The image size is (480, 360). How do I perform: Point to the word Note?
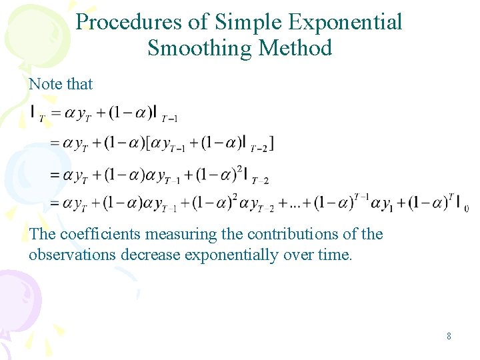45,84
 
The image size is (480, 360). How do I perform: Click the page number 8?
449,336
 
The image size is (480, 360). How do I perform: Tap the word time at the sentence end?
335,255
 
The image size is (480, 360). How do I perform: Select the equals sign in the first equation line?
56,113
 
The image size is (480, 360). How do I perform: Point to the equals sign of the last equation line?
56,203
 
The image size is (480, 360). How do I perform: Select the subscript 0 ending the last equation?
466,209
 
